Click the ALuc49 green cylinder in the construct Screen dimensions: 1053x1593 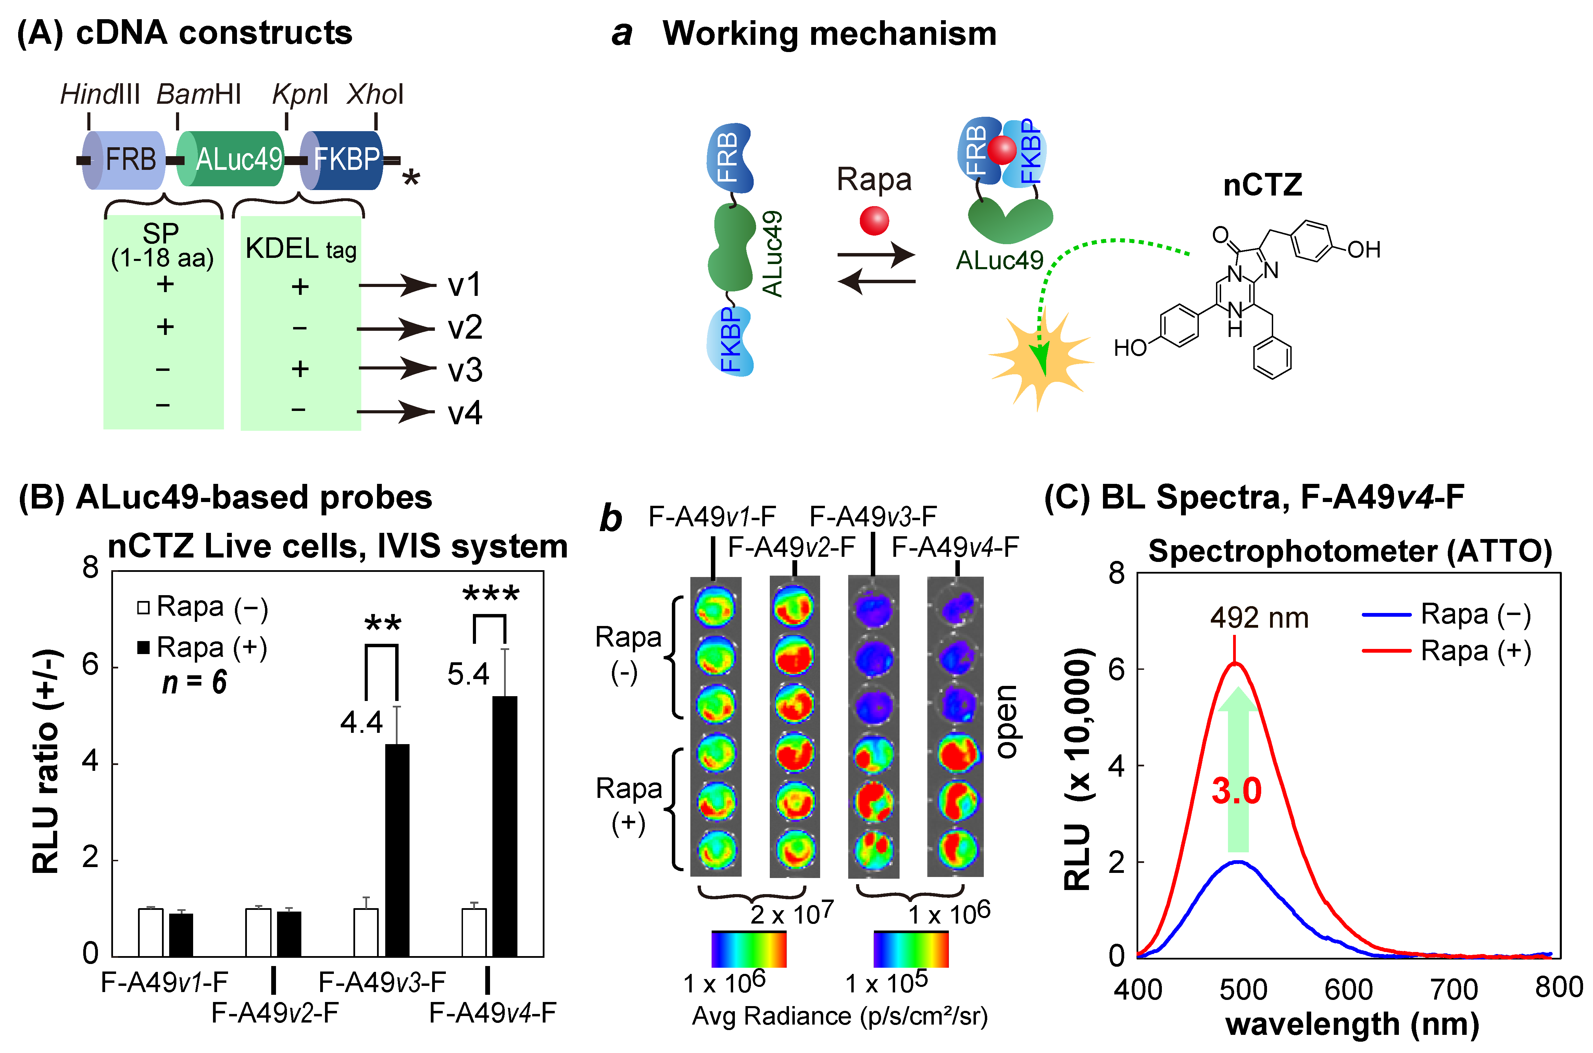[x=232, y=160]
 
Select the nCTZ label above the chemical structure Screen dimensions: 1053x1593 [x=1263, y=185]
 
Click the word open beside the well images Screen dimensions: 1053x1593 [x=1005, y=722]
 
